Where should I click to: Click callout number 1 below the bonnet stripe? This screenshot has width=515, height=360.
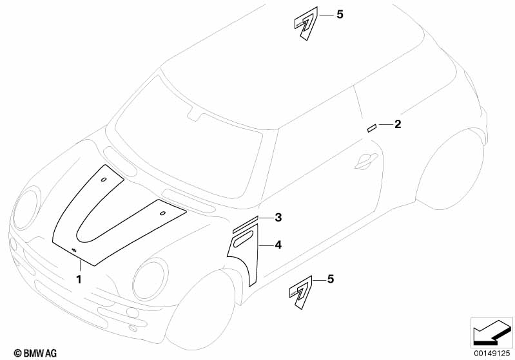click(79, 279)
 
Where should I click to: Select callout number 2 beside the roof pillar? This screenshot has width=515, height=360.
click(398, 124)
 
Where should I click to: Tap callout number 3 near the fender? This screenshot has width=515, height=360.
click(278, 217)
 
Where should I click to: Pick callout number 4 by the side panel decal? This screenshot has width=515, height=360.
click(278, 245)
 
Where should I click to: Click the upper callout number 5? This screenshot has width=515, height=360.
click(340, 15)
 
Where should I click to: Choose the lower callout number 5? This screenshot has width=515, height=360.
click(331, 279)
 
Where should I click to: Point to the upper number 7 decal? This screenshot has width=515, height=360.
click(306, 23)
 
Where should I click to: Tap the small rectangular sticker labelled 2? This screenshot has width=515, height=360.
click(372, 128)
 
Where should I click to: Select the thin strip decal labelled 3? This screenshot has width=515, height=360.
click(246, 225)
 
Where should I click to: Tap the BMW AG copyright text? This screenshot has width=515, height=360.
click(35, 353)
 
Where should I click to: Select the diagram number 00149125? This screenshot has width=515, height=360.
click(492, 354)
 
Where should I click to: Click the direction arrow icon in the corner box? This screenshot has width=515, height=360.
click(492, 333)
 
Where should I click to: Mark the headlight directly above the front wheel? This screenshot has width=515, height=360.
click(150, 279)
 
